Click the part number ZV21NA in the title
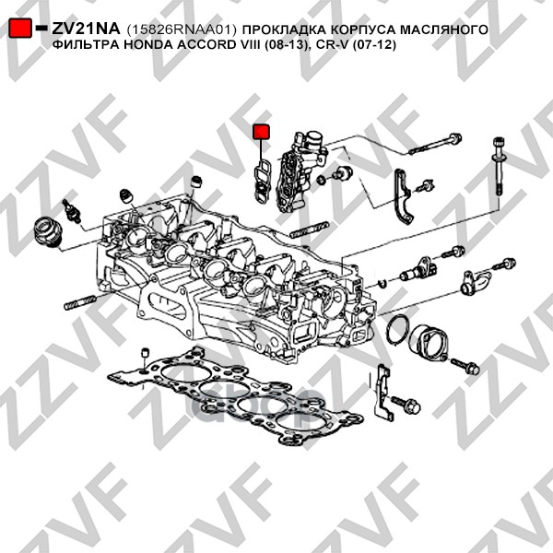click(x=86, y=29)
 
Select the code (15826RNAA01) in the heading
click(x=181, y=29)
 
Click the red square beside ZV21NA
click(x=19, y=28)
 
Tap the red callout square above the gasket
click(x=261, y=132)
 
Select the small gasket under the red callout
click(x=262, y=181)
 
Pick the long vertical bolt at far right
click(x=500, y=165)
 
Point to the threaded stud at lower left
click(x=80, y=302)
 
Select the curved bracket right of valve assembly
click(x=402, y=196)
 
